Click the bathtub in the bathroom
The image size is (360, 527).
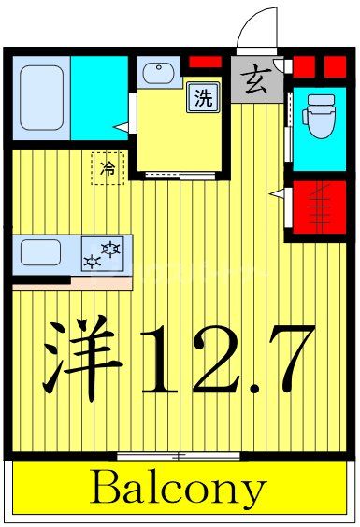[x=42, y=97]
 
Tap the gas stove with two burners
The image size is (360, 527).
[x=103, y=254]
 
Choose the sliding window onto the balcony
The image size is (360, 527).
[x=179, y=456]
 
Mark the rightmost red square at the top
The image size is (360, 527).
[x=335, y=65]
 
